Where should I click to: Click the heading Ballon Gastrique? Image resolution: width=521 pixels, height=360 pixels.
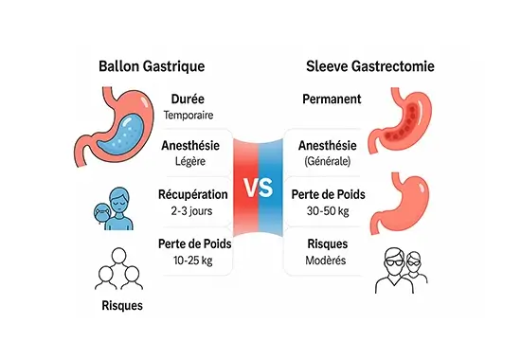152,67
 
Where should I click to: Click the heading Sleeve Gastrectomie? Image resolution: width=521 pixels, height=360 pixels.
371,67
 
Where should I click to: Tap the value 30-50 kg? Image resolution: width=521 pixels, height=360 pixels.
327,210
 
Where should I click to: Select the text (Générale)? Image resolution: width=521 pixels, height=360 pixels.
327,161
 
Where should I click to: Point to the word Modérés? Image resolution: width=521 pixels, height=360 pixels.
327,259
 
